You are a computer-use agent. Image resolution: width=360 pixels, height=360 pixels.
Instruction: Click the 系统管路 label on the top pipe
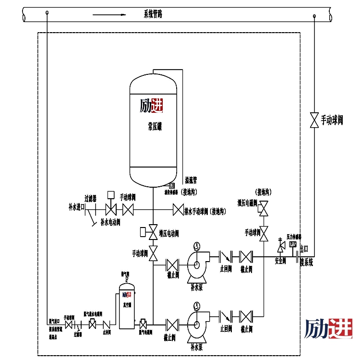(x=153, y=14)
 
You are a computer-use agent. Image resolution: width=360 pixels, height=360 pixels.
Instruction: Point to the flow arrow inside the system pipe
(x=109, y=14)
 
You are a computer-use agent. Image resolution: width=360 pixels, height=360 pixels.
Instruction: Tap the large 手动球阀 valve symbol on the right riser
(x=314, y=120)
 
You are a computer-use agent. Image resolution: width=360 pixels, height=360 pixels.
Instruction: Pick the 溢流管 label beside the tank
(x=191, y=180)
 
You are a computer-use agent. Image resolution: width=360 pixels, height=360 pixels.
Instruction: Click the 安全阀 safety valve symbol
(x=280, y=248)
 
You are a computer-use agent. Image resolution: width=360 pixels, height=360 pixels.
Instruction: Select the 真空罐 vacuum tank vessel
(x=127, y=307)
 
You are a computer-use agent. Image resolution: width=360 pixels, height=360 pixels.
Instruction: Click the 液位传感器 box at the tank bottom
(x=172, y=185)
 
